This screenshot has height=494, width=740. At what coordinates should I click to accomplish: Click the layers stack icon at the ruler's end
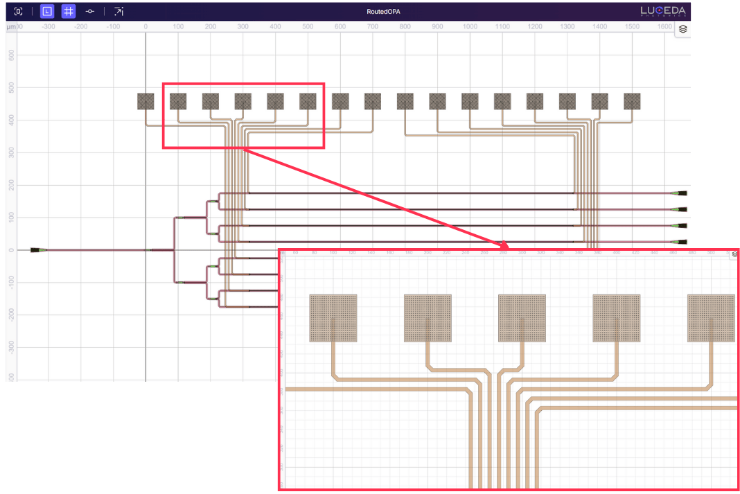pyautogui.click(x=682, y=29)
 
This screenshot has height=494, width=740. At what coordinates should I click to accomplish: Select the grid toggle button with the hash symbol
pyautogui.click(x=69, y=12)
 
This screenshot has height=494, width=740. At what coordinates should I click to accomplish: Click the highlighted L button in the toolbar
pyautogui.click(x=46, y=12)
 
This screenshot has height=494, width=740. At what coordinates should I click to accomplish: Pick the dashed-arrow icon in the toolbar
pyautogui.click(x=119, y=12)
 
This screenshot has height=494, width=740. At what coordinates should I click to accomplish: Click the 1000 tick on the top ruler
pyautogui.click(x=470, y=26)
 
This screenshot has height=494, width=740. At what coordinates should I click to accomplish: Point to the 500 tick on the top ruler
pyautogui.click(x=308, y=26)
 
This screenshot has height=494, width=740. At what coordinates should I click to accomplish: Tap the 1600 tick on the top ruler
pyautogui.click(x=664, y=26)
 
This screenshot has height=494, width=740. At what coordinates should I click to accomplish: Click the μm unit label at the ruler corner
pyautogui.click(x=10, y=26)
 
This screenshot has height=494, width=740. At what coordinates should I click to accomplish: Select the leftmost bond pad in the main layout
pyautogui.click(x=146, y=101)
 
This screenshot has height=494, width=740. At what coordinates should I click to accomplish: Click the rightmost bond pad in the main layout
pyautogui.click(x=632, y=101)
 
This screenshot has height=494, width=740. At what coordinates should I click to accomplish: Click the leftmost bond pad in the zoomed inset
pyautogui.click(x=333, y=318)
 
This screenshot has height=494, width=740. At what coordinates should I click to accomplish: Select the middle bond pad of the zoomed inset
pyautogui.click(x=522, y=318)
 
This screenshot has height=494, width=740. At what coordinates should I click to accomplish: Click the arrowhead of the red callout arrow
pyautogui.click(x=505, y=245)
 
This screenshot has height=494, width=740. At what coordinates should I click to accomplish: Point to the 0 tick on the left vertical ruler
pyautogui.click(x=11, y=249)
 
